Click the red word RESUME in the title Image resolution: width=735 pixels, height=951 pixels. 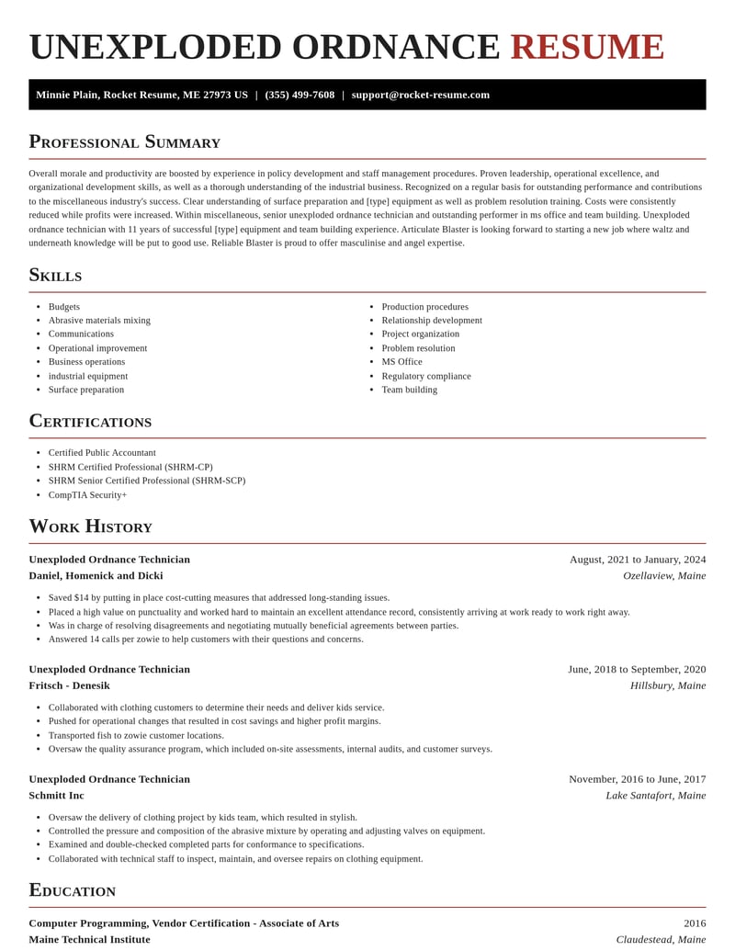[x=587, y=47]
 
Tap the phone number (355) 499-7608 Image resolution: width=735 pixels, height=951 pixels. [x=300, y=95]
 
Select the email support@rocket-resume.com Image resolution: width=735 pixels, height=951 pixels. [x=420, y=95]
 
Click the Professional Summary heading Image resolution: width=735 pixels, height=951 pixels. [x=124, y=142]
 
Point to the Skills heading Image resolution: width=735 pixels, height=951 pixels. [x=55, y=275]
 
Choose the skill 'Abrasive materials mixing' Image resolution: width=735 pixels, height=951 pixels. [x=99, y=321]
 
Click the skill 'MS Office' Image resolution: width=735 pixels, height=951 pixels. [x=401, y=362]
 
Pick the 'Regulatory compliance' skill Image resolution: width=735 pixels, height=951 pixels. [x=426, y=376]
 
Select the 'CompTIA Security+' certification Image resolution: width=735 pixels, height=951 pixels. [x=87, y=495]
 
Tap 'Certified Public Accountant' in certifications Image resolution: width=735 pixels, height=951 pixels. [x=102, y=453]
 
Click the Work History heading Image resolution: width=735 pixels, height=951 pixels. [x=90, y=526]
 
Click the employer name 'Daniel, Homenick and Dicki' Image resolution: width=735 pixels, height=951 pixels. [x=96, y=576]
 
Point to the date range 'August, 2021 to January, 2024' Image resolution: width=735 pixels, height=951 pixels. [x=638, y=560]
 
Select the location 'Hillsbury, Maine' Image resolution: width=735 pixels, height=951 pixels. [x=668, y=685]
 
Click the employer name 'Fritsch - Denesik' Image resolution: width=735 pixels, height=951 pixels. [x=69, y=685]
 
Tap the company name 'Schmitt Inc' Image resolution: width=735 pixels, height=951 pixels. [x=56, y=796]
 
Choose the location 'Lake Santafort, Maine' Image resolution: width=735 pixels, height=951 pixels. [x=655, y=796]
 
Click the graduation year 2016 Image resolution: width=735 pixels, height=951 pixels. [x=695, y=923]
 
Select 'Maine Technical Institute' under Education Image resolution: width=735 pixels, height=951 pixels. [x=89, y=940]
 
